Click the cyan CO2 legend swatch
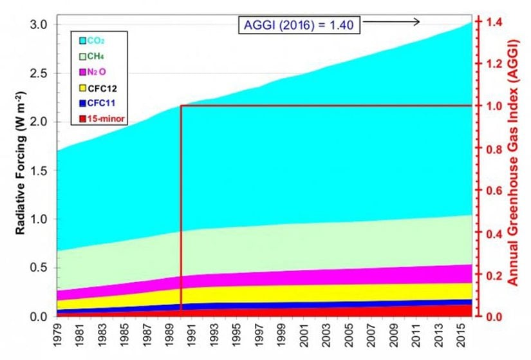click(83, 41)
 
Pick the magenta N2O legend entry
click(96, 71)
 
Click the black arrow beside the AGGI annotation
click(392, 23)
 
